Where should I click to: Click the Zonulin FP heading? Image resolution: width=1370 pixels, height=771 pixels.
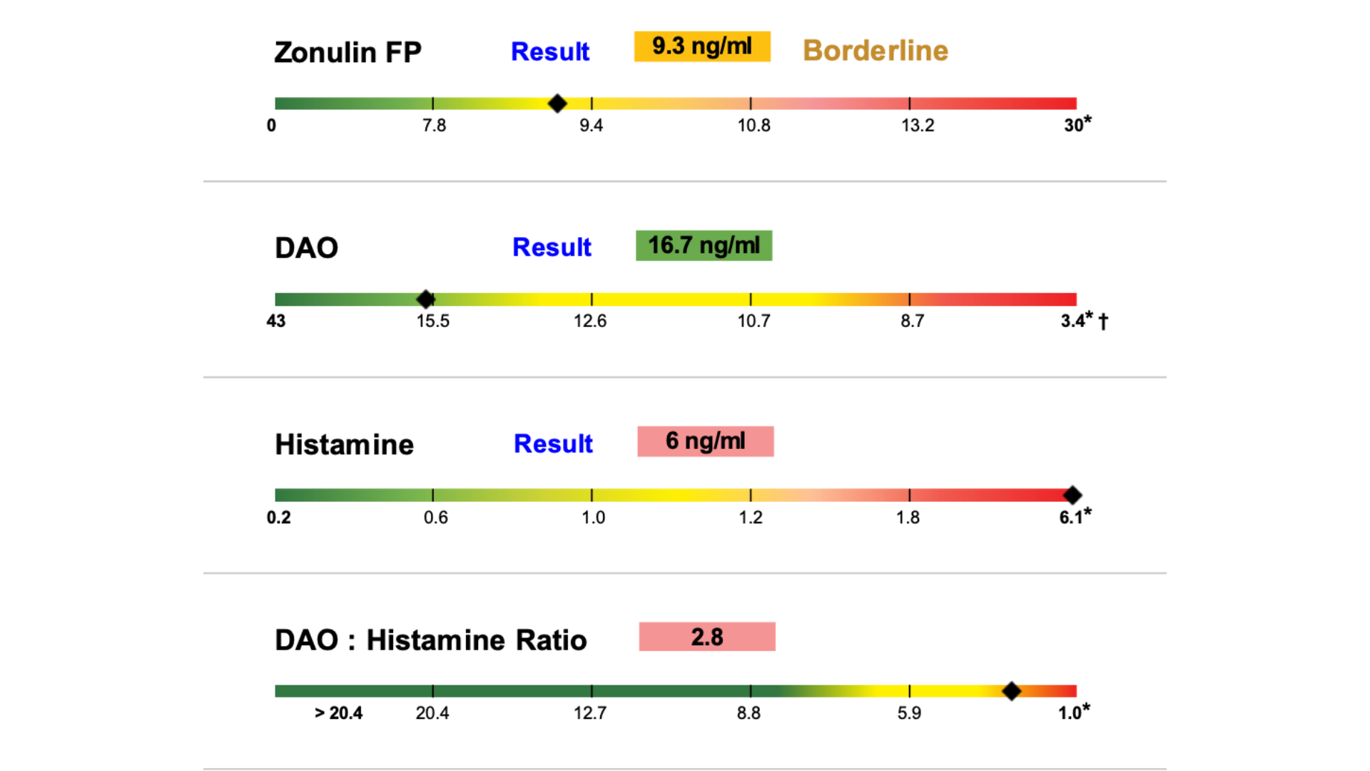(347, 52)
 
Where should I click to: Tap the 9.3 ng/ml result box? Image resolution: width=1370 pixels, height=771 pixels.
(702, 46)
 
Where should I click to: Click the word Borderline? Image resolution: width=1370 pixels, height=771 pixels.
(876, 51)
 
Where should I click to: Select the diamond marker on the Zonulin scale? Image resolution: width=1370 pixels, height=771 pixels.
(557, 104)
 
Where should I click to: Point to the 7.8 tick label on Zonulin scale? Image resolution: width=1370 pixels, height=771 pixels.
(434, 126)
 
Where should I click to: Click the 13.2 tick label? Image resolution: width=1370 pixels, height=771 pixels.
(918, 126)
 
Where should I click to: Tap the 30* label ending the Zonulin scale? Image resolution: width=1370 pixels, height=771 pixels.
(1077, 125)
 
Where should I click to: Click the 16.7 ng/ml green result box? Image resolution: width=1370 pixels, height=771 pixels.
(704, 246)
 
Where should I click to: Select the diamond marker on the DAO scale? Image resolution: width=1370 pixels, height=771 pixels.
(426, 299)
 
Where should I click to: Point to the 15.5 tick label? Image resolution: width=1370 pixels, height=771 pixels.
(433, 321)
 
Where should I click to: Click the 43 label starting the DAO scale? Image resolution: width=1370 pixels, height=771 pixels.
(276, 321)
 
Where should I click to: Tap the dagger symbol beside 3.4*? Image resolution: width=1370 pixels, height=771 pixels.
(1103, 322)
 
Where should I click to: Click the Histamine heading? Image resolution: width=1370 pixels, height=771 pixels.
(344, 445)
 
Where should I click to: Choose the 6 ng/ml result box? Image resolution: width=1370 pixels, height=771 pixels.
(705, 441)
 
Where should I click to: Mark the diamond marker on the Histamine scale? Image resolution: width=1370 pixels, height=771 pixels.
(1072, 495)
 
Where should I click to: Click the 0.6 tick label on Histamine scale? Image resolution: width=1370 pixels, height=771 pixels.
(436, 518)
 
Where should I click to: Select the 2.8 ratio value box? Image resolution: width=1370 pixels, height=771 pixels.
(706, 637)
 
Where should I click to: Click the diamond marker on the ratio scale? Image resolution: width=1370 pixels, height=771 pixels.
(1011, 691)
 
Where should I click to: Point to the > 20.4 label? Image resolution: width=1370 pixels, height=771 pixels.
(338, 713)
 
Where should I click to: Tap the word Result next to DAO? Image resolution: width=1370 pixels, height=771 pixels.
(552, 247)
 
